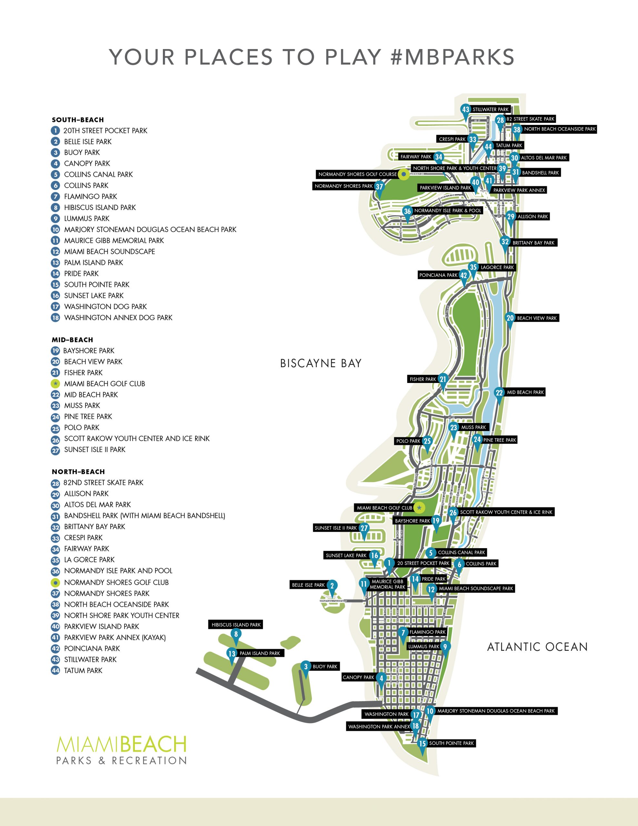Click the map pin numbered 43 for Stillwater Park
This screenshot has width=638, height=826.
[465, 110]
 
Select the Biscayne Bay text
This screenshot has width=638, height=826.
[321, 363]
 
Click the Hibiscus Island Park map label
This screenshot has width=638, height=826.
[236, 625]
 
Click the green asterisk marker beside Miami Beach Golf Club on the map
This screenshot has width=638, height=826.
[419, 508]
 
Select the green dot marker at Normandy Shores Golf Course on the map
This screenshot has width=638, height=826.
[404, 174]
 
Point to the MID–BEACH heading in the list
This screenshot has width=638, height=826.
[72, 340]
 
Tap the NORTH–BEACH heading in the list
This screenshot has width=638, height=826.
[78, 472]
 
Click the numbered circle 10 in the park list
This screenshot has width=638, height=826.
[55, 230]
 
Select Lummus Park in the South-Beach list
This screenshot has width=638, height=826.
[87, 219]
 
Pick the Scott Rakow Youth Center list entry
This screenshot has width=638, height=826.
[136, 439]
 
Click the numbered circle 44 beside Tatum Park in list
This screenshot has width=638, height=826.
[55, 670]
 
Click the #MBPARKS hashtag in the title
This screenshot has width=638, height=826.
[452, 57]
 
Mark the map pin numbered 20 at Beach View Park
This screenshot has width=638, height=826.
[510, 318]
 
